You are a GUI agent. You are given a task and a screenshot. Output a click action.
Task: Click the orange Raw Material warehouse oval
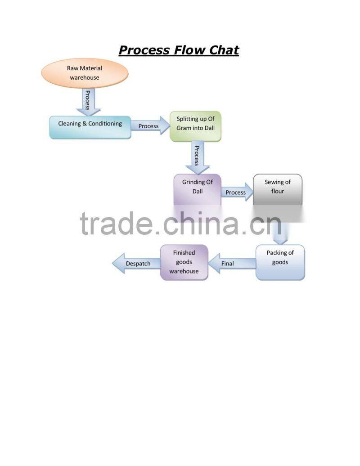(x=85, y=73)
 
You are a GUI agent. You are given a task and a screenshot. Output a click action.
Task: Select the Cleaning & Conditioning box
(x=90, y=127)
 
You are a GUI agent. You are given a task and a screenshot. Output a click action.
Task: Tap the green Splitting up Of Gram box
(x=195, y=126)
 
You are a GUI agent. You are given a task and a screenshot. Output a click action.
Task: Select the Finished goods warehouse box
(x=184, y=262)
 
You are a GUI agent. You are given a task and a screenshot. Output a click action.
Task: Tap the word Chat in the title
(x=224, y=50)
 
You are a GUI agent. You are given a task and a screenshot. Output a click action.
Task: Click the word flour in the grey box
(x=278, y=191)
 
